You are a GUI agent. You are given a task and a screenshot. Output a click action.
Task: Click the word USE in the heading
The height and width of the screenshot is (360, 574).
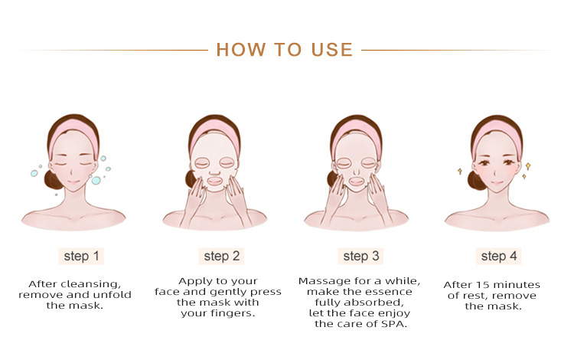331,50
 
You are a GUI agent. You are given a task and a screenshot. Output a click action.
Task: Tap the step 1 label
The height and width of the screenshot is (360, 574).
81,256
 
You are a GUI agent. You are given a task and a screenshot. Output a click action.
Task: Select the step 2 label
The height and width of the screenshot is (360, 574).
221,256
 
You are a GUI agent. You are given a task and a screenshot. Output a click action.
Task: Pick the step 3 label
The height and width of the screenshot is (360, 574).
360,256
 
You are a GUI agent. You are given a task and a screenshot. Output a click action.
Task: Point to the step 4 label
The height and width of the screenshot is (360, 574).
498,256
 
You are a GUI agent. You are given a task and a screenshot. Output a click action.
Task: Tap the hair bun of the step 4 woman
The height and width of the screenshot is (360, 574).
476,181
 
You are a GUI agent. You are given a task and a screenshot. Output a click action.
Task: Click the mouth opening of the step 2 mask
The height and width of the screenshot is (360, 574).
214,182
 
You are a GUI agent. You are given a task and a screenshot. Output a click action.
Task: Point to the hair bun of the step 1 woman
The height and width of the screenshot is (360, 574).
53,179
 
